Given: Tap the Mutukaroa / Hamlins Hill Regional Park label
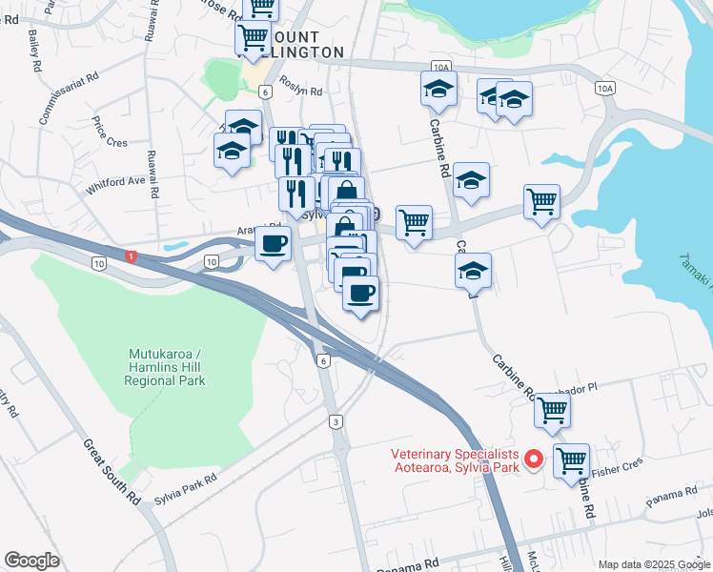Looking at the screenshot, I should [x=165, y=367].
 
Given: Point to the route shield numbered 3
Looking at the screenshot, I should [x=336, y=421].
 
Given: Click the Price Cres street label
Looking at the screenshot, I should [x=110, y=133].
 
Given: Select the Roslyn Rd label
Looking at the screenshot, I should [x=301, y=92].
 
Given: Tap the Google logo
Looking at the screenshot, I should [x=31, y=561].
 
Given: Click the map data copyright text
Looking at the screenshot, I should [x=654, y=564].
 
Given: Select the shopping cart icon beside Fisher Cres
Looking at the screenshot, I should [x=571, y=460].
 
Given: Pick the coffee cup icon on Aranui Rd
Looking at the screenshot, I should [x=273, y=244].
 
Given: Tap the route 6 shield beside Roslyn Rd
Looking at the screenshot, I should [x=265, y=92].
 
